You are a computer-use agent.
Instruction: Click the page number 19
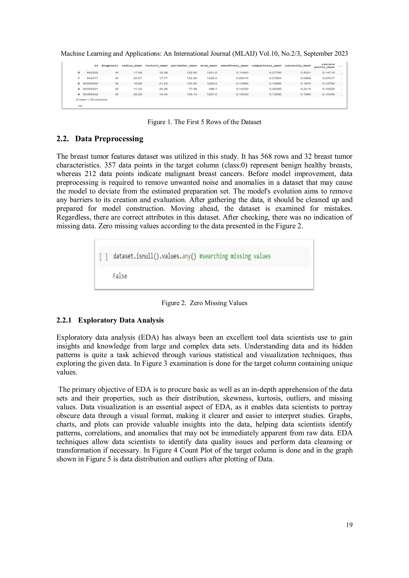[349, 525]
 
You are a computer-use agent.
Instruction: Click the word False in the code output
[120, 276]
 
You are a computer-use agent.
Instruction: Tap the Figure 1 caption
[204, 122]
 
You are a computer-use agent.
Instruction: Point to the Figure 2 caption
[204, 303]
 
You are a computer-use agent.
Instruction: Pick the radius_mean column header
[132, 66]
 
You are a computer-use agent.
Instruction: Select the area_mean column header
[208, 66]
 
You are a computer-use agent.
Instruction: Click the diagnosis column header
[109, 66]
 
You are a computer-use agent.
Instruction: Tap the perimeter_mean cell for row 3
[193, 89]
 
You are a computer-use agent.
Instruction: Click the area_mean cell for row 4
[212, 94]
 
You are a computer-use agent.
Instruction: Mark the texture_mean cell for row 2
[163, 83]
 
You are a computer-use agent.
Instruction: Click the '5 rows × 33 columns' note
[91, 100]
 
